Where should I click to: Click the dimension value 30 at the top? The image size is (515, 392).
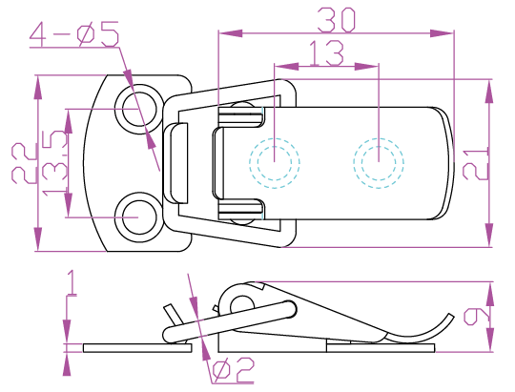click(336, 20)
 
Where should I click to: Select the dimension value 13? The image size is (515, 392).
click(326, 52)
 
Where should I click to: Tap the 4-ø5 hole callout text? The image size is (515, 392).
click(74, 34)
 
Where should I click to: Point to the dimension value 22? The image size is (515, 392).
click(24, 163)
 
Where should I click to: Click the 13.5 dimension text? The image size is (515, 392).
click(55, 163)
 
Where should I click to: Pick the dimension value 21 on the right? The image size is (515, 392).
click(475, 163)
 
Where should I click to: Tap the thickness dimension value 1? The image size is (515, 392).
click(72, 282)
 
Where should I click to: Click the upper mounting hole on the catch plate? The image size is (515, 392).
click(139, 109)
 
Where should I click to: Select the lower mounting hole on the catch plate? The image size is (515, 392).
click(139, 217)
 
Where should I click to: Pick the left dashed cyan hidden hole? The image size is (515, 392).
click(275, 163)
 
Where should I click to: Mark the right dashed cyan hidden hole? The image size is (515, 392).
click(379, 163)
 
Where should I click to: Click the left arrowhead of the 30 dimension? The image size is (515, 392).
click(231, 33)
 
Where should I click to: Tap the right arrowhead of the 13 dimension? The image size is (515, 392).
click(366, 67)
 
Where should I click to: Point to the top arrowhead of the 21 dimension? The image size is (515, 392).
click(489, 92)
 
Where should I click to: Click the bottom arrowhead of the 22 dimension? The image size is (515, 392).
click(38, 239)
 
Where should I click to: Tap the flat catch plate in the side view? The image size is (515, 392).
click(137, 348)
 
